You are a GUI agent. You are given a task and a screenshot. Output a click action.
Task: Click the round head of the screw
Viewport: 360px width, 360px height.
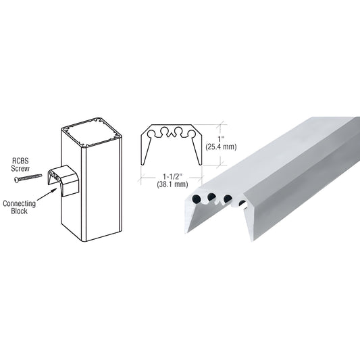click(x=17, y=180)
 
